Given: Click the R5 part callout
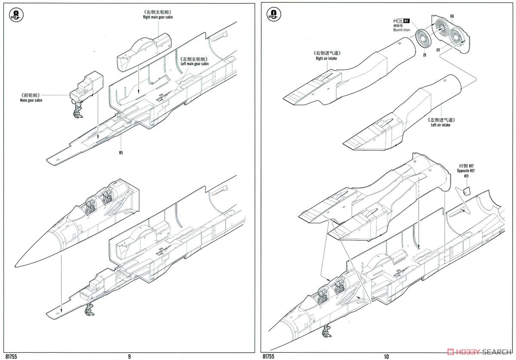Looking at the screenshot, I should [x=121, y=152].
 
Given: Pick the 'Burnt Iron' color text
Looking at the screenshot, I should [x=402, y=31].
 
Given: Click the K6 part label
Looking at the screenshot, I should [x=452, y=16].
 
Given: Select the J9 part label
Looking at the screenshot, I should [x=424, y=55].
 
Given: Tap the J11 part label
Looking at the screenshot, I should [x=438, y=50].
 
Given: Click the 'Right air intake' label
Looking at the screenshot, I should [x=326, y=58].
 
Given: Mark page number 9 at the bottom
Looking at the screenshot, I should [x=129, y=356].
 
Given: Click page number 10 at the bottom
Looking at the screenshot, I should [x=386, y=356].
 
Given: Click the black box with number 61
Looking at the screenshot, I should [x=407, y=21].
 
